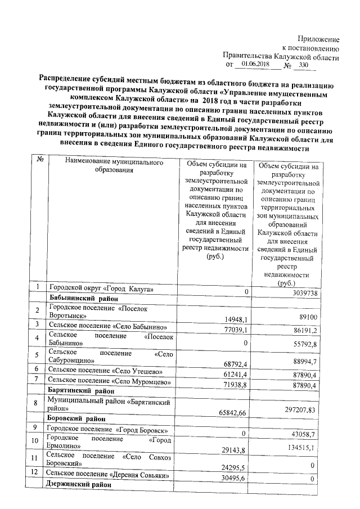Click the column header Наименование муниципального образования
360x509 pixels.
[111, 166]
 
